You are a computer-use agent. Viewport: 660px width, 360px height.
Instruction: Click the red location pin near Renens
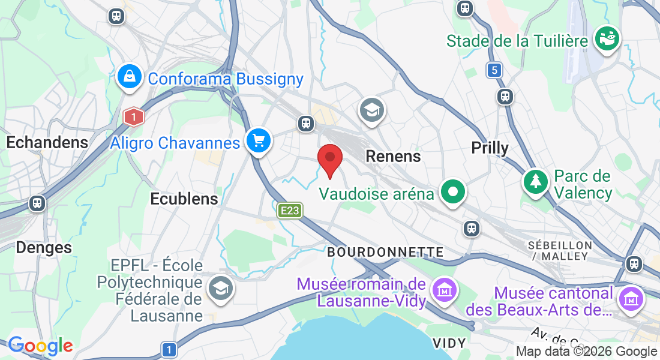(329, 158)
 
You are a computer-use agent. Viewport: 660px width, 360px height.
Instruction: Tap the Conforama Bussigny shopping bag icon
(129, 76)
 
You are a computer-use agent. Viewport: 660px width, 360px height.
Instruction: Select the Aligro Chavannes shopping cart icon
(259, 141)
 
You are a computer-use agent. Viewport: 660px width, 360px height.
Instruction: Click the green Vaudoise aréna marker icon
(453, 192)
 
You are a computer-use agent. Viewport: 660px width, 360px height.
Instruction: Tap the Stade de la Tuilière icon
(607, 38)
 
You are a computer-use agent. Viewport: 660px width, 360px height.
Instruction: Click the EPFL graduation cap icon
(221, 289)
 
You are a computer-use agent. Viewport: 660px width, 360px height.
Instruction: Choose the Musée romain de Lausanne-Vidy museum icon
(445, 290)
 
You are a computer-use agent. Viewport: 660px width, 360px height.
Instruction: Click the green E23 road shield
(289, 211)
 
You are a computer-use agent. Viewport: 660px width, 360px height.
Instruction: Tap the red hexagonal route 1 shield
(133, 116)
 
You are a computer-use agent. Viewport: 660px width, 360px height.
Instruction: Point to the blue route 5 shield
(494, 70)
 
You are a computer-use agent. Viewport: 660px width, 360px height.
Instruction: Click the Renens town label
(393, 156)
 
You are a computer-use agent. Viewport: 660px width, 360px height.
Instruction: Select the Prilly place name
(490, 148)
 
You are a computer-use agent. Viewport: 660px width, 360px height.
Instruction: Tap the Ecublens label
(184, 199)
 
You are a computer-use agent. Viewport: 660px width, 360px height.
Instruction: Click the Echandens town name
(47, 142)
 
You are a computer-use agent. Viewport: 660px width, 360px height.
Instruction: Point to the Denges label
(44, 247)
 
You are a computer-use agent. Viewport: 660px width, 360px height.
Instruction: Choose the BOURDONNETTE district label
(385, 252)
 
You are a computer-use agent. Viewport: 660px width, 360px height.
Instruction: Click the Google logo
(40, 346)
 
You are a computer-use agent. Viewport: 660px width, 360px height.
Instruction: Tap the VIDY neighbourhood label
(449, 343)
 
